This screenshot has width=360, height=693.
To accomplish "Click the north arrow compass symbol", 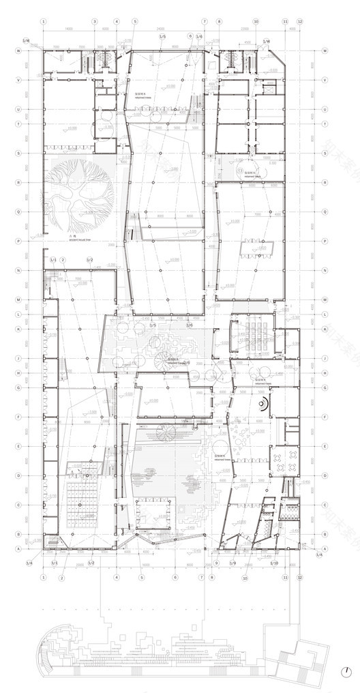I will coord(347,670).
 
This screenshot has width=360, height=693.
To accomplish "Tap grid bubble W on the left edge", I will coord(18,50).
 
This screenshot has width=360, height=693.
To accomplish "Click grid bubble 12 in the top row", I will coord(299,21).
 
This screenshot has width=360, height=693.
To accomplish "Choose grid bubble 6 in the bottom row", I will coord(175,577).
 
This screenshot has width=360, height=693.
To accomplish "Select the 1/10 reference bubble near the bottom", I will coord(273,563).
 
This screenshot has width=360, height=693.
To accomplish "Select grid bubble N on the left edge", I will coord(18,271).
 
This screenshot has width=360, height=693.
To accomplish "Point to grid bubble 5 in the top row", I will coord(135,21).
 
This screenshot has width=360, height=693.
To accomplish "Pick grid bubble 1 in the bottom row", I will coord(43,577).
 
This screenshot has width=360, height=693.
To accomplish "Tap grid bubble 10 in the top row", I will coord(255,21).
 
